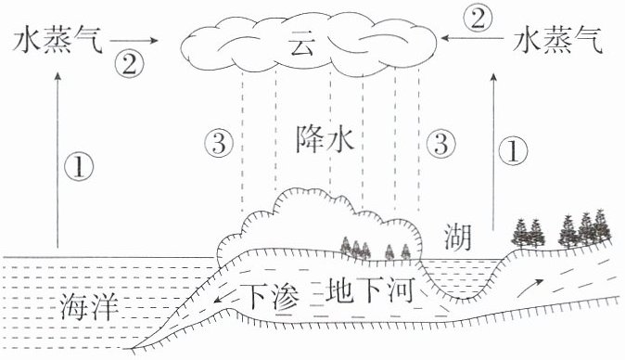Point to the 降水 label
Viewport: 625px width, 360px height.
(x=325, y=139)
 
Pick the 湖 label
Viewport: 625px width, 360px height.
(x=458, y=238)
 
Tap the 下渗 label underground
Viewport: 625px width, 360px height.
(x=270, y=297)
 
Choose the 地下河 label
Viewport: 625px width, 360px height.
(x=369, y=290)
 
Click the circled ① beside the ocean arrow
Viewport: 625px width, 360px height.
(x=79, y=166)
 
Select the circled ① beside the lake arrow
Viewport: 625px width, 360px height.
(x=513, y=151)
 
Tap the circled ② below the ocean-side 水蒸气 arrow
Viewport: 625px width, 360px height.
(x=129, y=64)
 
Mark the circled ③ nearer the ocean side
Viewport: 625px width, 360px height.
(x=219, y=143)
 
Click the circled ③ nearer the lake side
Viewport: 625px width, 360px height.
(x=440, y=143)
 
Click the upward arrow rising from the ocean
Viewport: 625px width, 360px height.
(x=57, y=161)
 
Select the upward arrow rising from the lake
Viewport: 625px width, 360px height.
(x=494, y=152)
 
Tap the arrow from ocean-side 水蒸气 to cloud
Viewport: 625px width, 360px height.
(x=134, y=40)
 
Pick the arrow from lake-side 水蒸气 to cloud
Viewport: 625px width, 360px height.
(x=472, y=38)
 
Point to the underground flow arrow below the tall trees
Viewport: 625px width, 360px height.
(x=530, y=288)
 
